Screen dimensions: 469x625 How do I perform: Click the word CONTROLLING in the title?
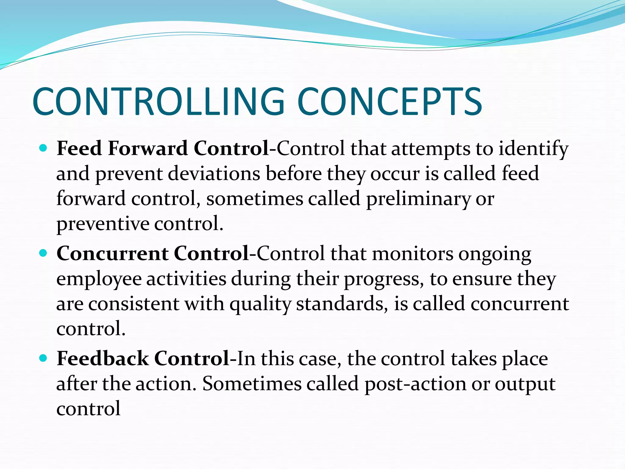tap(158, 101)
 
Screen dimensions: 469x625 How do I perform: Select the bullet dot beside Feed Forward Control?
tap(43, 148)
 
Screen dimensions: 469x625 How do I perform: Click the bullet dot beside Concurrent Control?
tap(43, 253)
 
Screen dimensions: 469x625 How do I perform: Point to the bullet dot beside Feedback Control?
tap(43, 358)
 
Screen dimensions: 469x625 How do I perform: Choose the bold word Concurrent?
tap(112, 254)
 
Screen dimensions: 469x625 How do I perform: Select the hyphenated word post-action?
tap(415, 384)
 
